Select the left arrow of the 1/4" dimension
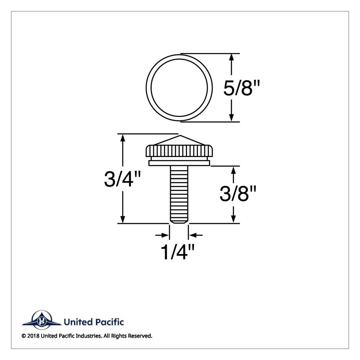165,235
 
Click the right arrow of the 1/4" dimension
193,235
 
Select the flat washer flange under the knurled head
179,163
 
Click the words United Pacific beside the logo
94,322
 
